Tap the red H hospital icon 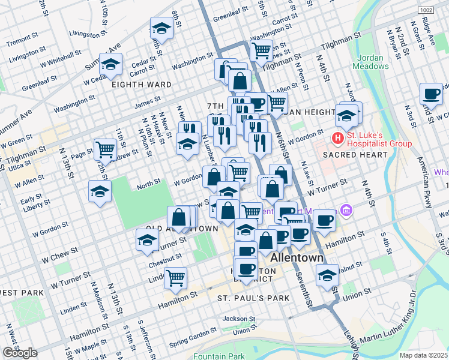pos(338,138)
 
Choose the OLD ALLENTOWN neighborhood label pos(182,229)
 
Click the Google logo pos(20,352)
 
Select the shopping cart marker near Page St pos(106,149)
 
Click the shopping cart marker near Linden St pos(175,278)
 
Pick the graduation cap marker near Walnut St pos(327,275)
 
